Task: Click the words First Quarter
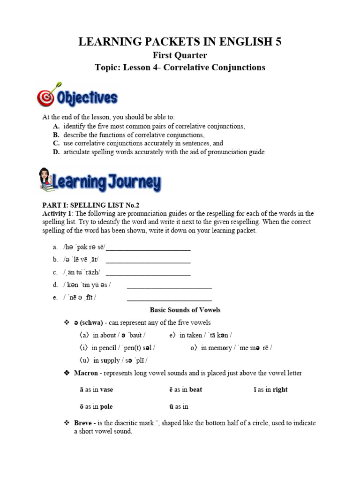[x=180, y=55]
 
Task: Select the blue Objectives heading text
[x=87, y=98]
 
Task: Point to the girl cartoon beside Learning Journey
[x=45, y=180]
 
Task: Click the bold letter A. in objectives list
[x=56, y=127]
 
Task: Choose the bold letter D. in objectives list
[x=56, y=152]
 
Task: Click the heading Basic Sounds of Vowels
[x=185, y=310]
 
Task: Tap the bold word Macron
[x=86, y=373]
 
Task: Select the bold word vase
[x=106, y=390]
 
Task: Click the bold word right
[x=280, y=390]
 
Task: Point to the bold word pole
[x=106, y=406]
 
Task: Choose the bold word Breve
[x=82, y=423]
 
